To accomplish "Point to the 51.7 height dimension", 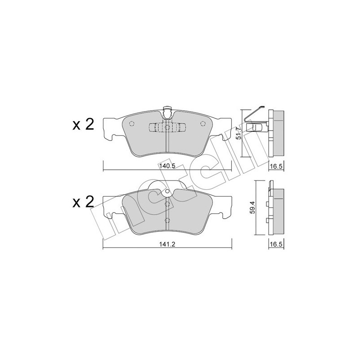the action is [239, 133].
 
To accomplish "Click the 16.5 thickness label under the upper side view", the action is [276, 166].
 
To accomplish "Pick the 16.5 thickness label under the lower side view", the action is [276, 244].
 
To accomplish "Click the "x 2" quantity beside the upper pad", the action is [83, 125].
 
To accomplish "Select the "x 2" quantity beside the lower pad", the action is [83, 202].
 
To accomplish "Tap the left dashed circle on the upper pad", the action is [131, 123].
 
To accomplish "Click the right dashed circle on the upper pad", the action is [203, 123].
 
